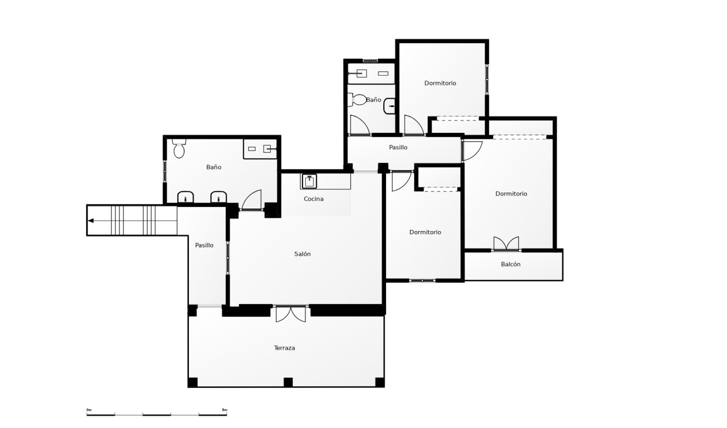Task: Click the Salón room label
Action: (x=302, y=254)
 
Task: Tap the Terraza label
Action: (x=284, y=348)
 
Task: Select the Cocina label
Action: (x=314, y=199)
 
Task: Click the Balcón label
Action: (x=511, y=264)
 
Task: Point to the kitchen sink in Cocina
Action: (x=310, y=181)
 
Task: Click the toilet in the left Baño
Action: (x=179, y=150)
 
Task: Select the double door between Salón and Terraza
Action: (x=290, y=313)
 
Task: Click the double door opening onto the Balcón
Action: (x=506, y=244)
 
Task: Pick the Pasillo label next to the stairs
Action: (x=204, y=245)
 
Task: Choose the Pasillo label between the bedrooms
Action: (x=398, y=148)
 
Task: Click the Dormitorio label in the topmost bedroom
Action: (x=440, y=83)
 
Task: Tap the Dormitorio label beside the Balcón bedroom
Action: (x=511, y=194)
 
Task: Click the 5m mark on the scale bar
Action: (x=224, y=410)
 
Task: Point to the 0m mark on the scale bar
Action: (x=89, y=410)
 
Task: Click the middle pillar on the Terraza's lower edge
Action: (x=288, y=382)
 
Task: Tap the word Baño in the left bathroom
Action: (x=214, y=167)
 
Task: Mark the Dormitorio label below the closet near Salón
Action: (x=425, y=232)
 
